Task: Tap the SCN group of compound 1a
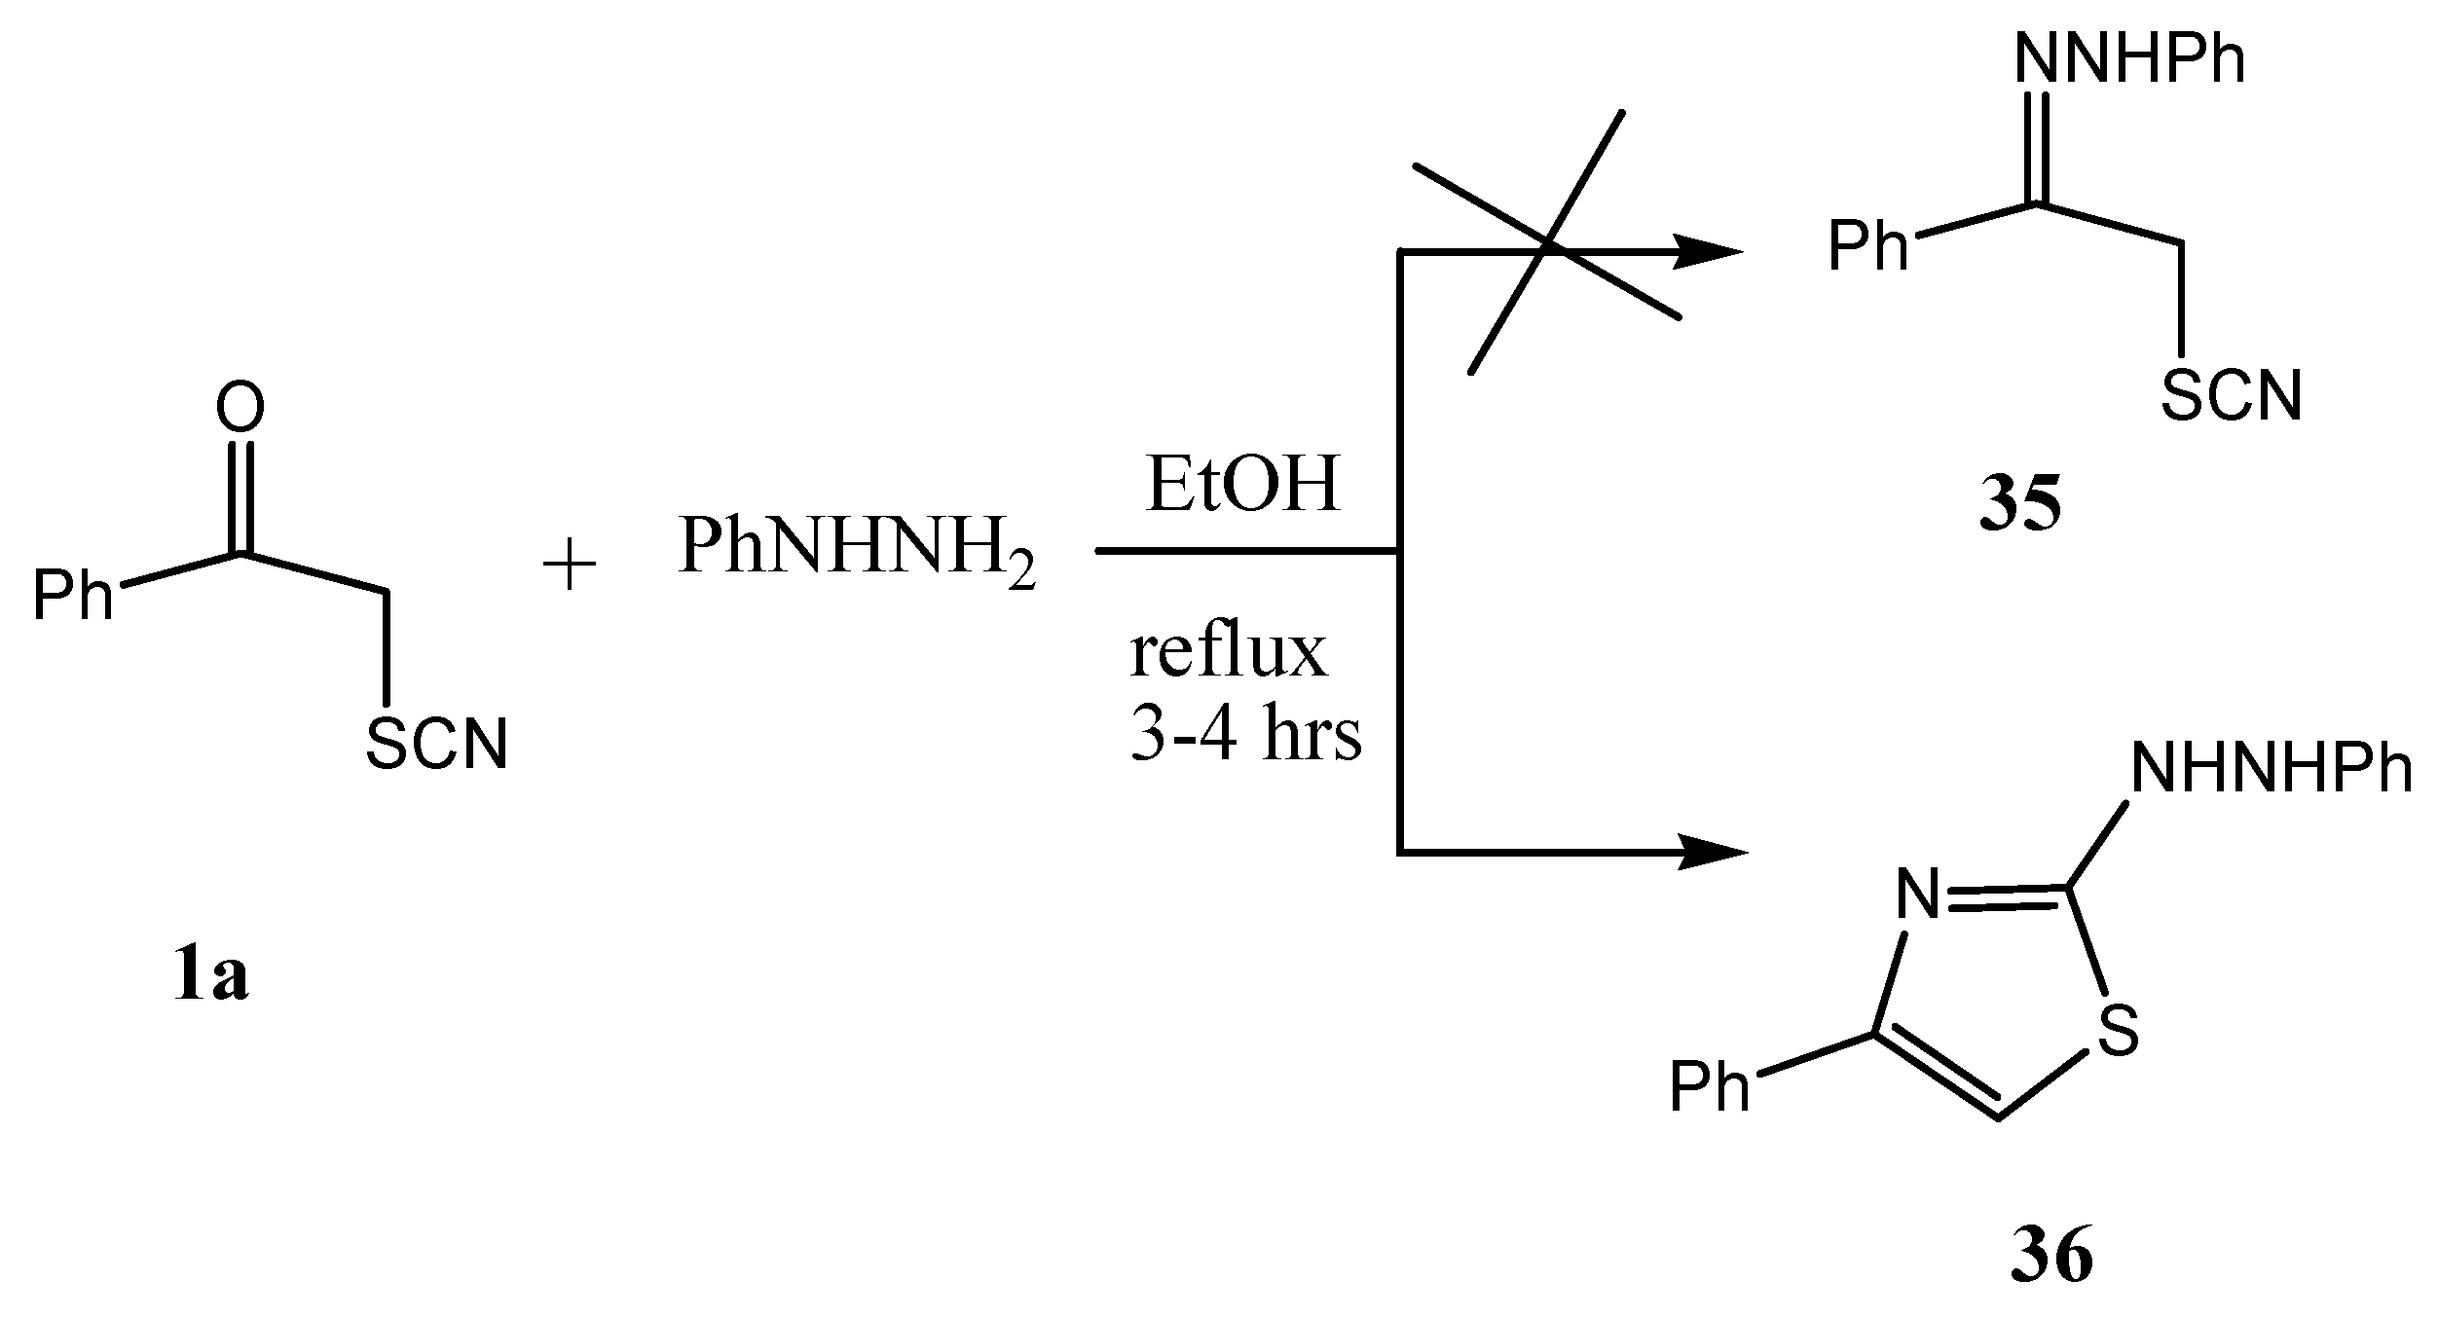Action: coord(436,746)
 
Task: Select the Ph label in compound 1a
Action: coord(72,595)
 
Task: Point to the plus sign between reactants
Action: coord(569,567)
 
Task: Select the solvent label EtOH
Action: coord(1243,486)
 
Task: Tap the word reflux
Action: coord(1228,653)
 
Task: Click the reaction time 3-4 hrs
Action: coord(1245,735)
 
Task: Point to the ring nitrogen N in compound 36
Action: coord(1918,895)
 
